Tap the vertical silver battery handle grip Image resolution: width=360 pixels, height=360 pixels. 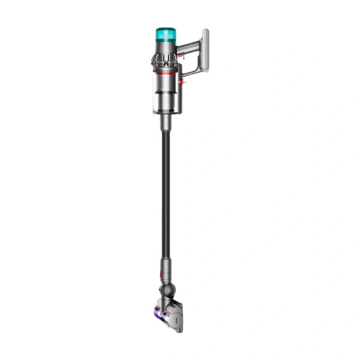(x=205, y=50)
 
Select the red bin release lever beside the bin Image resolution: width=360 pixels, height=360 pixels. (x=183, y=82)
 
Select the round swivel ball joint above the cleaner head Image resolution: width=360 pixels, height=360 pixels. (x=170, y=289)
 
